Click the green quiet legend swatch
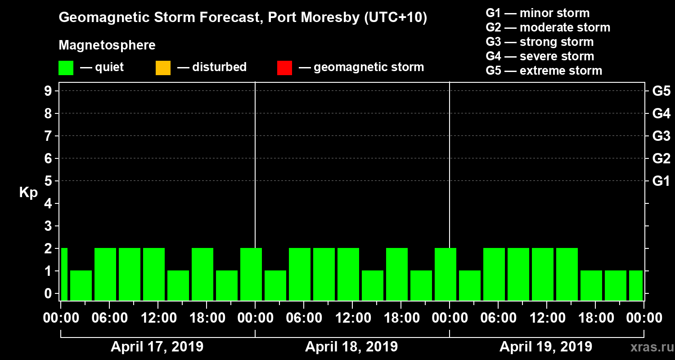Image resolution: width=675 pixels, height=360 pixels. pos(66,68)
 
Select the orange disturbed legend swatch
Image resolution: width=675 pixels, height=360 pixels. pos(163,68)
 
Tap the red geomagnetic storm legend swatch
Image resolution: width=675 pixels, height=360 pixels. pos(284,68)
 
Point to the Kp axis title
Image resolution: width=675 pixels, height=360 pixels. pos(28,192)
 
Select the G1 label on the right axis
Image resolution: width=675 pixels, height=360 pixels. pos(661,181)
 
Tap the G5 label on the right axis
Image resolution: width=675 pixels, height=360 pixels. pos(661,91)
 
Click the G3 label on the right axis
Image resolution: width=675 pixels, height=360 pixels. pos(661,136)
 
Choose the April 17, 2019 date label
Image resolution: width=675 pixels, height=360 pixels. pos(157,347)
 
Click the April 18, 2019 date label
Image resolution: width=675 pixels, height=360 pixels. pos(351,347)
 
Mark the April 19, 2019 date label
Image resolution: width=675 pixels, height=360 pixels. pos(546,347)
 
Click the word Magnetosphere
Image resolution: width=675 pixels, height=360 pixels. pos(107,45)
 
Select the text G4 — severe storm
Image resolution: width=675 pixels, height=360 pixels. pos(540,56)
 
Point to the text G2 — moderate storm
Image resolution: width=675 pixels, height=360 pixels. pos(548,27)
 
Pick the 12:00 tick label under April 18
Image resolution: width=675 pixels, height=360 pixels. pos(352,318)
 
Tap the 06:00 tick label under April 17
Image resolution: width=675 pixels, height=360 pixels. pos(109,318)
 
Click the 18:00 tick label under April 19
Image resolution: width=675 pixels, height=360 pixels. pos(595,318)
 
